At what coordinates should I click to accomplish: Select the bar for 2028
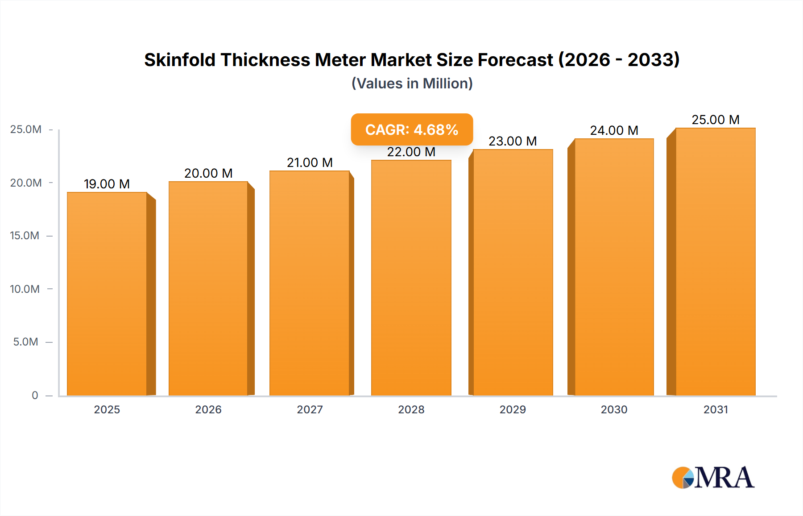[x=411, y=278]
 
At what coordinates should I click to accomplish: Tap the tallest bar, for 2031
[x=715, y=262]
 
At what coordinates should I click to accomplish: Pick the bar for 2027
[x=310, y=283]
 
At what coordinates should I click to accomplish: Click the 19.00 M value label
[x=107, y=184]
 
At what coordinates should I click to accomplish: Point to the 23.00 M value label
[x=513, y=141]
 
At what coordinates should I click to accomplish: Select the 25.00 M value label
[x=716, y=120]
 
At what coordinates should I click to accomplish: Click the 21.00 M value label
[x=310, y=162]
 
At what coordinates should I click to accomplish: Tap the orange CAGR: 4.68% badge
[x=412, y=129]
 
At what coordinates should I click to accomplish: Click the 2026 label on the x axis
[x=208, y=409]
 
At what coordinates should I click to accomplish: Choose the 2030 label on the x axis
[x=614, y=409]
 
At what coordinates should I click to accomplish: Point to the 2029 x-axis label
[x=513, y=409]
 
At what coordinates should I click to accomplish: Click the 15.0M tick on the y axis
[x=25, y=236]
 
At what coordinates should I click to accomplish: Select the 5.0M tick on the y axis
[x=25, y=342]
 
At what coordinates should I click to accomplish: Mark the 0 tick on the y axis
[x=35, y=395]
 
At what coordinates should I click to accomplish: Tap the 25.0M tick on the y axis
[x=25, y=129]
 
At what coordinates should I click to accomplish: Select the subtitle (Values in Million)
[x=412, y=83]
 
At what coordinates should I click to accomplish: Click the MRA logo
[x=713, y=478]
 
